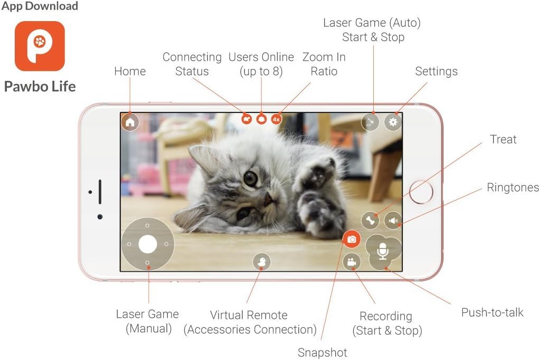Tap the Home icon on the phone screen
tap(130, 122)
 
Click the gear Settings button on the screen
tap(393, 122)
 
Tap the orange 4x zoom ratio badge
tap(276, 119)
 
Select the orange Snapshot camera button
tap(352, 240)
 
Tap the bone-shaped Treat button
tap(371, 221)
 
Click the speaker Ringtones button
tap(393, 221)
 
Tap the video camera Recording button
tap(352, 262)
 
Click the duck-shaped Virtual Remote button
tap(261, 261)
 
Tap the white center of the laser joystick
tap(148, 244)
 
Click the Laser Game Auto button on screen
tap(370, 122)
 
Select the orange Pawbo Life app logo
tap(40, 46)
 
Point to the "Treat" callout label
tap(503, 139)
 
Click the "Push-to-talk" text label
tap(492, 312)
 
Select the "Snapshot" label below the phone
tap(322, 352)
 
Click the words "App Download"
tap(40, 6)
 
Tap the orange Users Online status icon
tap(261, 119)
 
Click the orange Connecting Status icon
tap(247, 119)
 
